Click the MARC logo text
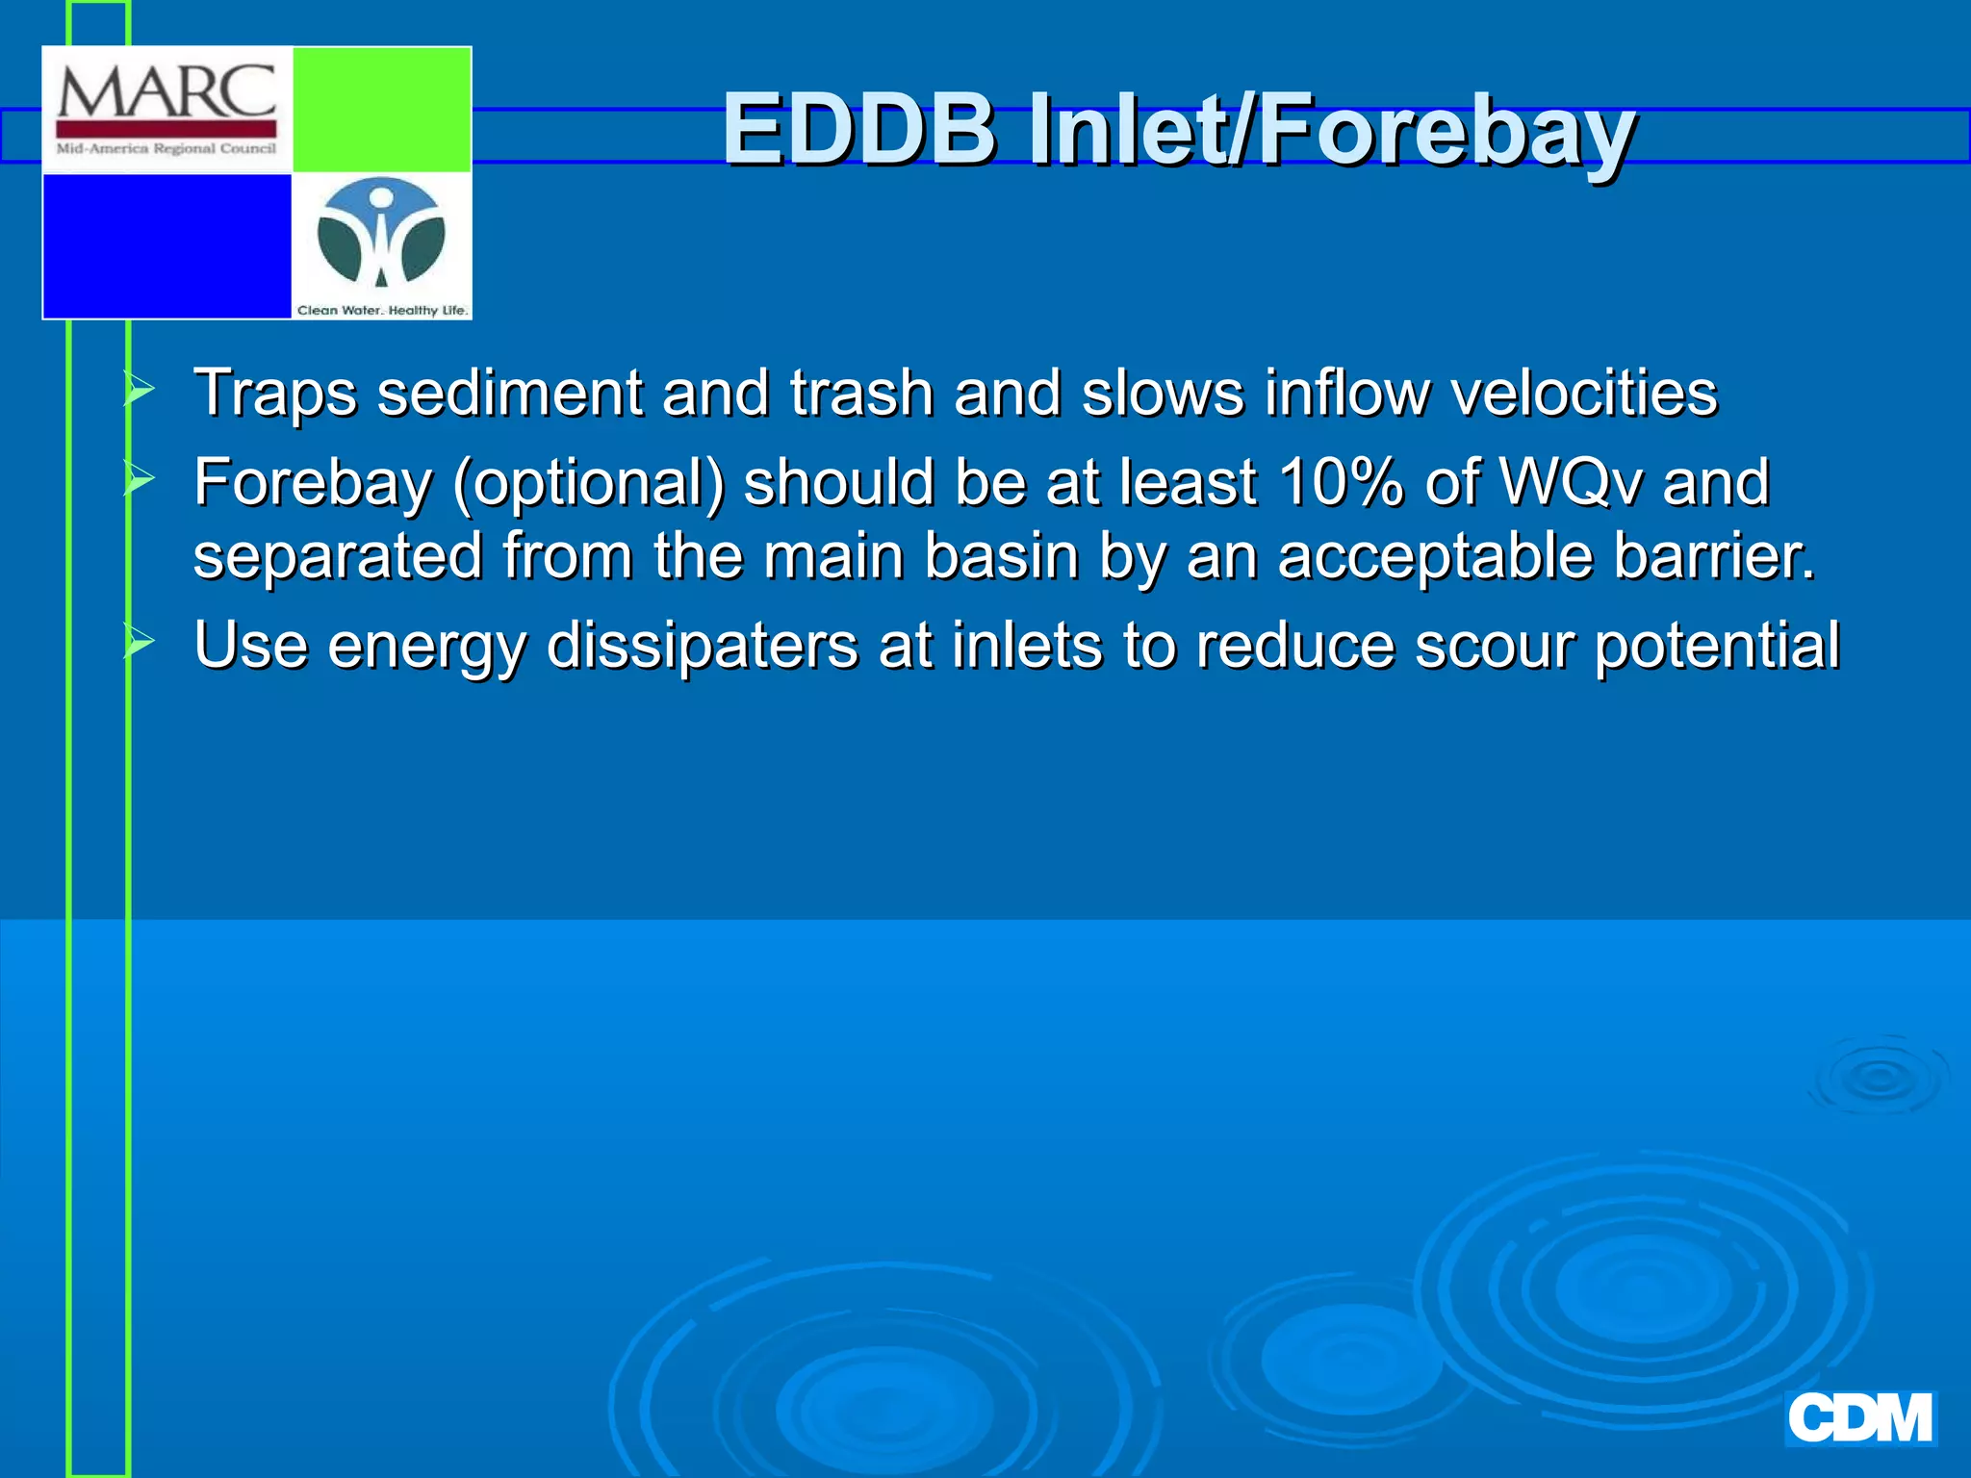click(x=166, y=93)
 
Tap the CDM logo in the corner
click(x=1859, y=1419)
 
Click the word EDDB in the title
click(x=858, y=129)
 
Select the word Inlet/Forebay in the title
click(x=1330, y=129)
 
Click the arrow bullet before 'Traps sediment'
click(x=140, y=390)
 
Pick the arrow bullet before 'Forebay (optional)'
click(x=140, y=478)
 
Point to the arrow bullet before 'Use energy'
click(x=140, y=642)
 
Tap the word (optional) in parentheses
click(x=589, y=482)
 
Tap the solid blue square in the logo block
click(x=167, y=245)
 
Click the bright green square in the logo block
click(x=381, y=110)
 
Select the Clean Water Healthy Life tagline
click(x=382, y=310)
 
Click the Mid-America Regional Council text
click(x=166, y=148)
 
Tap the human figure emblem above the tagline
click(x=381, y=233)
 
